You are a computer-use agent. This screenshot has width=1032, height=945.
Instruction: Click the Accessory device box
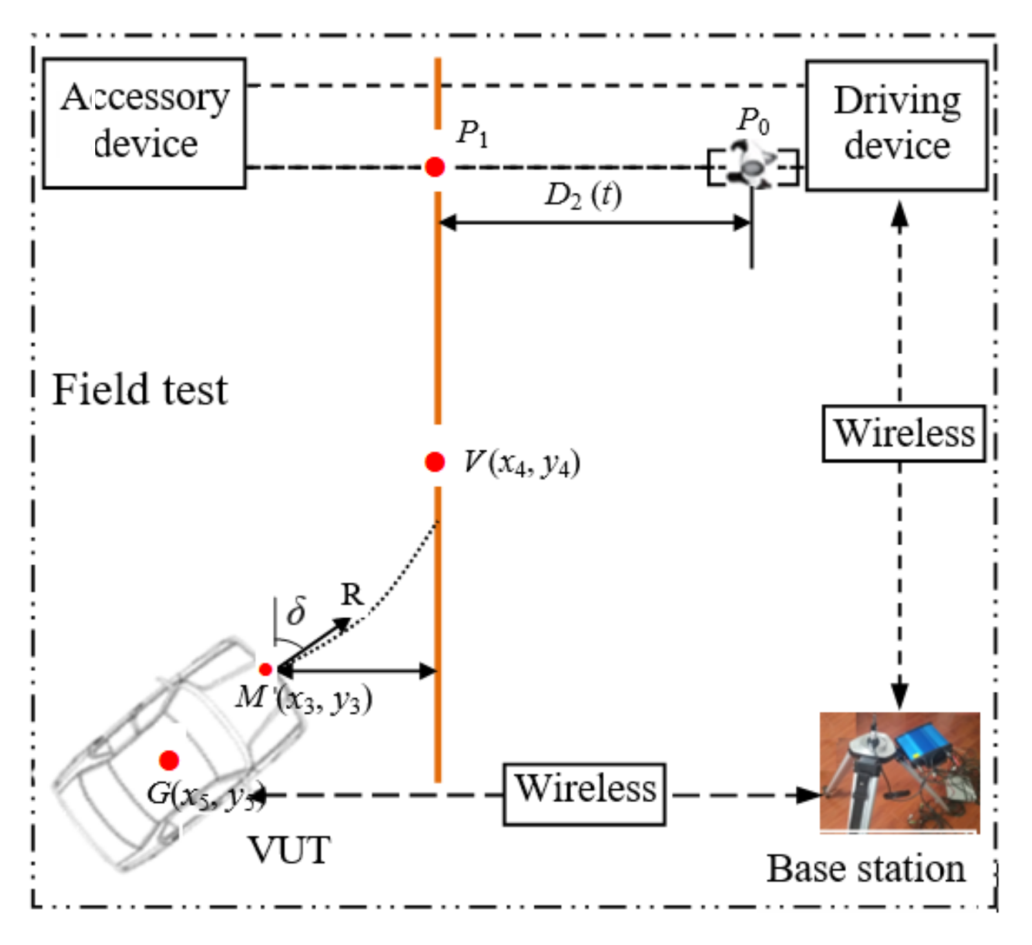coord(144,123)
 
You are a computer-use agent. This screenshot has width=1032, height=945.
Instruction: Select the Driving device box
coord(896,125)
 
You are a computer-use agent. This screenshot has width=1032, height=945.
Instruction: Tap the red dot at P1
coord(435,167)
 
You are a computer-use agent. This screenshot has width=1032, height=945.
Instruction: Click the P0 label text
coord(753,121)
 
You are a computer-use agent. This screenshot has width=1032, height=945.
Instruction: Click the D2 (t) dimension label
coord(582,195)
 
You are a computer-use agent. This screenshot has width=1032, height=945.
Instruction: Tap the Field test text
coord(140,390)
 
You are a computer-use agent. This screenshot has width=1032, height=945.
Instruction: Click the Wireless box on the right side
coord(903,434)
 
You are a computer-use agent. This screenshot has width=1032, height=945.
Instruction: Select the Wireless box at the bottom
coord(584,794)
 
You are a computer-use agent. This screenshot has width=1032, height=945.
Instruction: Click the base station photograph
coord(899,772)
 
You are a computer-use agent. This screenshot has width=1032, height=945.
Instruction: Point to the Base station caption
coord(866,869)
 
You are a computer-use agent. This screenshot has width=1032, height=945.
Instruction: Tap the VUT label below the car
coord(290,850)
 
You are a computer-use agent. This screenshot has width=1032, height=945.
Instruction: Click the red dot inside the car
coord(169,760)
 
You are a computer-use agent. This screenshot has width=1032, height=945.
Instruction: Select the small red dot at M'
coord(265,669)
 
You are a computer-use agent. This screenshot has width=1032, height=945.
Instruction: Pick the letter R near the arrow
coord(353,595)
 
